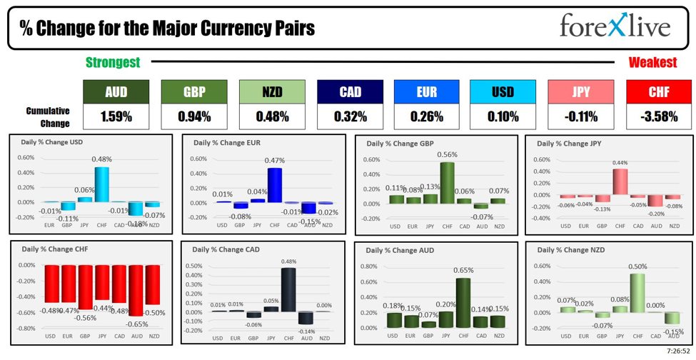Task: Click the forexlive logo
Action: tap(615, 27)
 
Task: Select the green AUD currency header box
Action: tap(116, 91)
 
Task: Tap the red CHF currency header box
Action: tap(659, 91)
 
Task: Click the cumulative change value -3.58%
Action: tap(659, 116)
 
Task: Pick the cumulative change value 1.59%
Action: tap(116, 116)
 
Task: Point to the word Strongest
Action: tap(113, 63)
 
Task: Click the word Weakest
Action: tap(652, 63)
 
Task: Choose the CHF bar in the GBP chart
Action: tap(447, 183)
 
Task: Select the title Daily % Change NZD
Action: tap(570, 250)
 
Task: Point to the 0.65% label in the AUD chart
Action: tap(463, 271)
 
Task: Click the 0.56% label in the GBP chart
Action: tap(447, 154)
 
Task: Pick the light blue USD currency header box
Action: tap(503, 91)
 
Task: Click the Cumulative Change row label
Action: tap(48, 117)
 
